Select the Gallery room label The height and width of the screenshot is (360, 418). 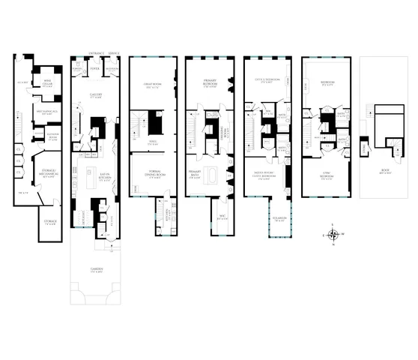pyautogui.click(x=96, y=94)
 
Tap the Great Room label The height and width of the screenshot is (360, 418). pyautogui.click(x=154, y=85)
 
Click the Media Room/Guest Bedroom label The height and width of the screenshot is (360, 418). pyautogui.click(x=269, y=178)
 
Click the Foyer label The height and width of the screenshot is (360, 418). pyautogui.click(x=95, y=67)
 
